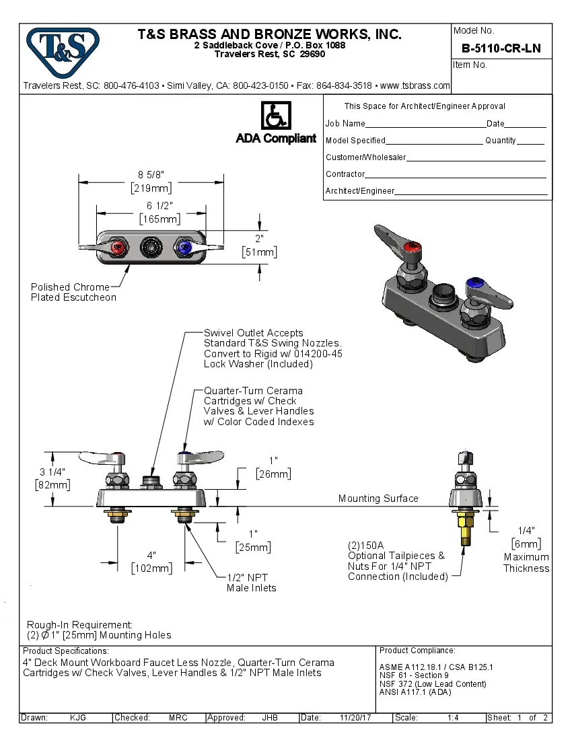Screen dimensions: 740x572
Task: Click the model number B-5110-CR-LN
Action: click(x=501, y=49)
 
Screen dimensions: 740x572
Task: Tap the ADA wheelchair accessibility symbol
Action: click(x=275, y=115)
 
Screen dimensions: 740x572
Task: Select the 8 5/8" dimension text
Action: click(x=151, y=175)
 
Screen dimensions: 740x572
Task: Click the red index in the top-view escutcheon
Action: click(x=118, y=248)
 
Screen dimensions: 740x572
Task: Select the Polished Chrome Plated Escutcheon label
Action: click(x=73, y=292)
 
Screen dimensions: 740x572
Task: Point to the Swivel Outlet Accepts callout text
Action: click(x=254, y=333)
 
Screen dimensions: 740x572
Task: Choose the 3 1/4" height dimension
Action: click(x=52, y=472)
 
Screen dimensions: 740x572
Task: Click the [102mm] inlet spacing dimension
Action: click(x=151, y=568)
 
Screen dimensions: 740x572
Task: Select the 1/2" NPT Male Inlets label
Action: click(x=251, y=583)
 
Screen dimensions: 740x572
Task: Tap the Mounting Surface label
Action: click(x=378, y=498)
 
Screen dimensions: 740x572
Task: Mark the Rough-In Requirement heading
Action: click(x=79, y=625)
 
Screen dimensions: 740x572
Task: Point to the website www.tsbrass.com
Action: click(x=415, y=85)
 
